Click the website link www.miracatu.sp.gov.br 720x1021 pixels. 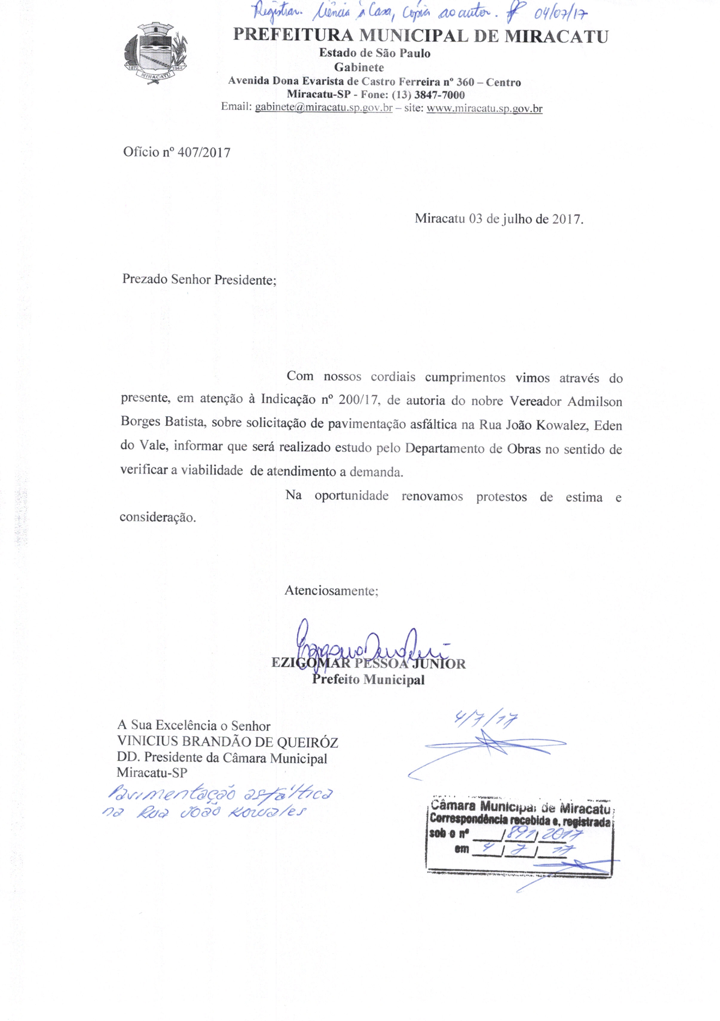click(x=484, y=108)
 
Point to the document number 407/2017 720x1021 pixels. click(x=204, y=153)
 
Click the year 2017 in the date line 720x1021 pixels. click(x=565, y=219)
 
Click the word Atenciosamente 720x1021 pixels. click(x=331, y=591)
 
